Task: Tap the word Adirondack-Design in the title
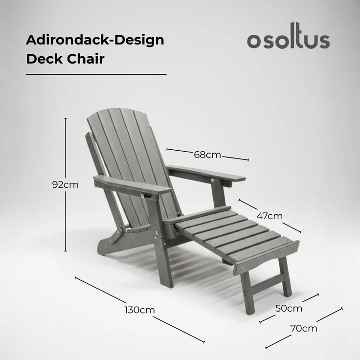(95, 40)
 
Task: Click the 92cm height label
(66, 185)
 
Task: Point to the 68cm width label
(207, 155)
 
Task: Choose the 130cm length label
(139, 310)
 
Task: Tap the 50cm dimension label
(289, 309)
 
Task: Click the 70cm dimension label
(304, 328)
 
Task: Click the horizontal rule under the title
(96, 74)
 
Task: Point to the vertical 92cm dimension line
(66, 147)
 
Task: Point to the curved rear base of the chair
(110, 242)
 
